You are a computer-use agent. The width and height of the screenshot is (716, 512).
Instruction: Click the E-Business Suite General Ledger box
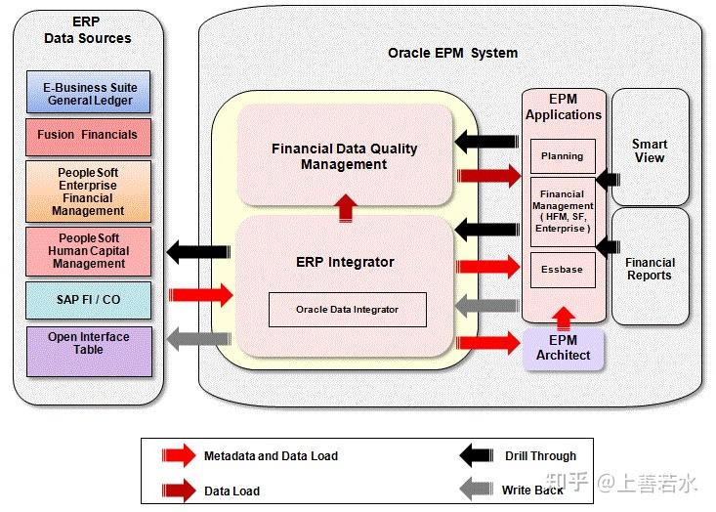click(89, 93)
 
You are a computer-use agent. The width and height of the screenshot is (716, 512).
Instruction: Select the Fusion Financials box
click(89, 136)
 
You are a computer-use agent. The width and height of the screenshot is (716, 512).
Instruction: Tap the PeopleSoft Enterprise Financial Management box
click(89, 192)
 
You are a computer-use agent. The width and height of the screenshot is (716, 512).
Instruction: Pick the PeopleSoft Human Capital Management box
click(89, 251)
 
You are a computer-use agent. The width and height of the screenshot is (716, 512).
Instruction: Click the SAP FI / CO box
click(89, 299)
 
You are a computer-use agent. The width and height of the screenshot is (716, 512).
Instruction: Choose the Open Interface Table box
click(89, 350)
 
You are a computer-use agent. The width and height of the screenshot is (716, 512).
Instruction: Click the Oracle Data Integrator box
click(347, 310)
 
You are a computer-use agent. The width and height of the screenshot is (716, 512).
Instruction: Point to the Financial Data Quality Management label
click(344, 156)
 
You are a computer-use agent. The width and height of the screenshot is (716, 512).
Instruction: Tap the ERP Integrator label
click(345, 262)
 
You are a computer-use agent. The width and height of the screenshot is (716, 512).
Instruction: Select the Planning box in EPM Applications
click(562, 156)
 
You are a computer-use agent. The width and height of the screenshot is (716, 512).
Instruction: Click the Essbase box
click(562, 270)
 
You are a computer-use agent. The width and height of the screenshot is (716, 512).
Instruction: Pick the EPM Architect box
click(563, 348)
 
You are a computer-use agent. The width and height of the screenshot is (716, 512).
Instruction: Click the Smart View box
click(650, 150)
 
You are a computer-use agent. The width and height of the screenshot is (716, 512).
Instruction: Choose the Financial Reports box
click(650, 269)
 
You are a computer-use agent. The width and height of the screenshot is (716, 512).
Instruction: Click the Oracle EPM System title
click(453, 53)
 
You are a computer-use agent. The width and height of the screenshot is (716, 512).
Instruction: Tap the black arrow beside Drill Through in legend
click(477, 455)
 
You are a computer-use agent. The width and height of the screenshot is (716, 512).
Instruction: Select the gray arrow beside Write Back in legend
click(477, 491)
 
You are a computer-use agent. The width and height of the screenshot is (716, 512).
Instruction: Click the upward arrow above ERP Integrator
click(346, 206)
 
